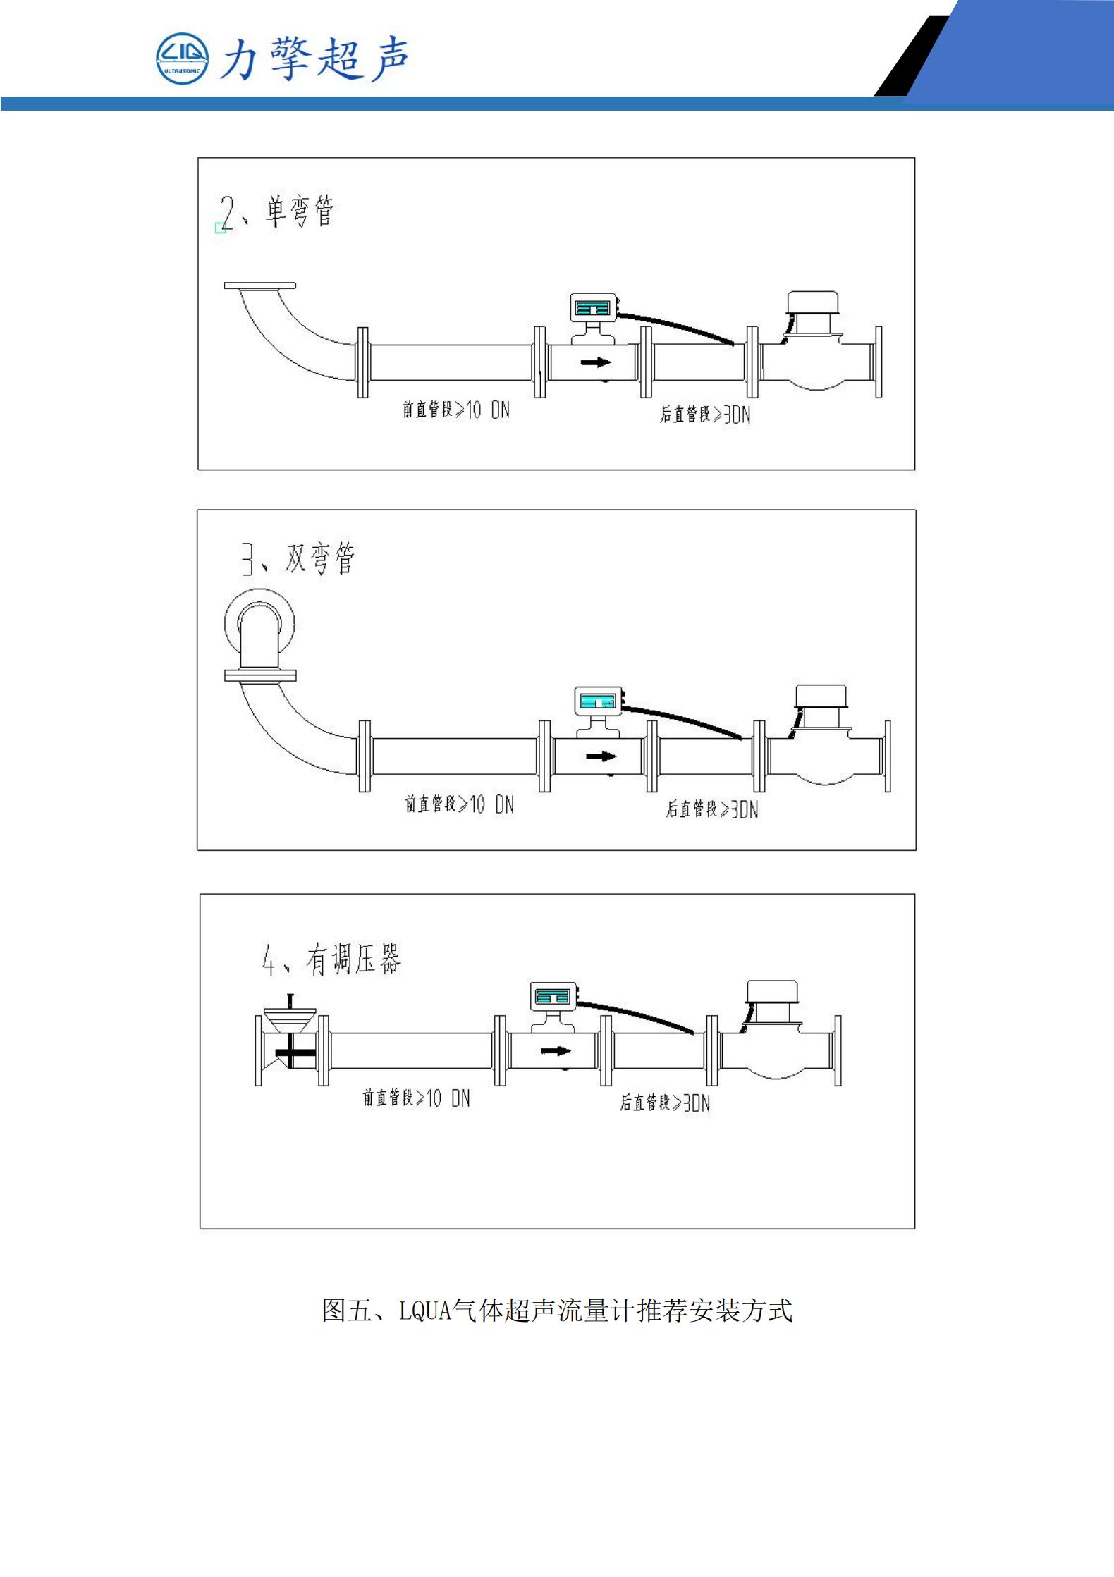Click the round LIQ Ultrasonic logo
[x=182, y=59]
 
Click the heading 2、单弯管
[x=276, y=211]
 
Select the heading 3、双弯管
[x=298, y=558]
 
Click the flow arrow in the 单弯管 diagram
[x=596, y=362]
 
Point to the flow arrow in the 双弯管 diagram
[x=601, y=756]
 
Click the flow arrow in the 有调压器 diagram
[x=556, y=1051]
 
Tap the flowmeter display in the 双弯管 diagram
[x=598, y=701]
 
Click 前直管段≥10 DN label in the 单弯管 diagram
[x=456, y=410]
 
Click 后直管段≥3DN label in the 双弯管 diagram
[x=712, y=809]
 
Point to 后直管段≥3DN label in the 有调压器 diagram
[x=665, y=1103]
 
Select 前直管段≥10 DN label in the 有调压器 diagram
[x=416, y=1098]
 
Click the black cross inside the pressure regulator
[x=294, y=1053]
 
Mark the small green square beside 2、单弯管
[x=220, y=228]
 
